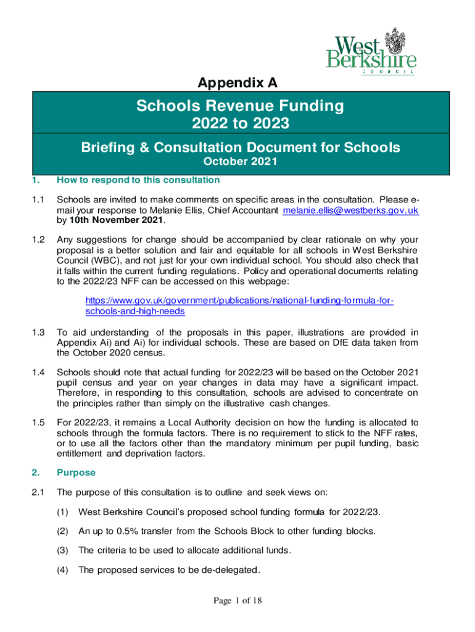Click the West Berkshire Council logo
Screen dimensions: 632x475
point(371,51)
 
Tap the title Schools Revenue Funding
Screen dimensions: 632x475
point(240,106)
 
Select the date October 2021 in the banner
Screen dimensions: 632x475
point(240,162)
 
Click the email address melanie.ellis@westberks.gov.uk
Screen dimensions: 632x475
point(350,210)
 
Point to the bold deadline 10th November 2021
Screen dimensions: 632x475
point(116,220)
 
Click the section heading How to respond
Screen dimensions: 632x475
point(138,180)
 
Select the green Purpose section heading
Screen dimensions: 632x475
point(76,472)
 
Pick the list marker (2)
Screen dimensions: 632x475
point(63,530)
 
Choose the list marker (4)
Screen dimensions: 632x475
point(63,570)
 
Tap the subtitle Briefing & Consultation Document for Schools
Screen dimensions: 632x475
point(240,148)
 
